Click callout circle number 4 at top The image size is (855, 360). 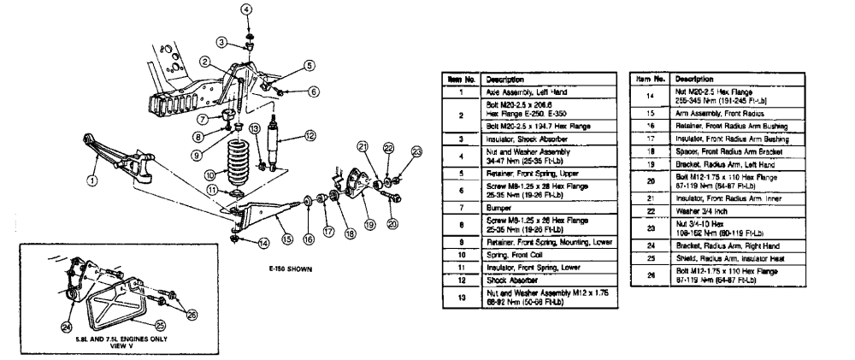pyautogui.click(x=247, y=9)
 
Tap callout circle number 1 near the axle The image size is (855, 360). pyautogui.click(x=91, y=180)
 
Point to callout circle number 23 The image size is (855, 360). pyautogui.click(x=416, y=152)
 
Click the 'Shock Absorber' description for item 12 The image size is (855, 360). pyautogui.click(x=510, y=279)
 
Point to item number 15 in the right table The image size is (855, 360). pyautogui.click(x=652, y=112)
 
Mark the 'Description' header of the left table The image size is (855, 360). pyautogui.click(x=504, y=78)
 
